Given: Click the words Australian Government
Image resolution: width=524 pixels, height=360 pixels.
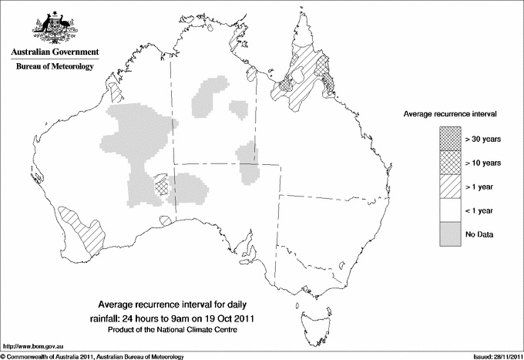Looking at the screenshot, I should tap(54, 52).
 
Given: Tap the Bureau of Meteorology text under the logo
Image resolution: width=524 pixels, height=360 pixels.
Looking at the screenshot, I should tap(54, 67).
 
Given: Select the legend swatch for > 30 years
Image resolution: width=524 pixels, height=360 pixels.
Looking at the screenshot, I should tap(450, 139).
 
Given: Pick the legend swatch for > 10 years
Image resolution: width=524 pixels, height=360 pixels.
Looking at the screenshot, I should tap(450, 163).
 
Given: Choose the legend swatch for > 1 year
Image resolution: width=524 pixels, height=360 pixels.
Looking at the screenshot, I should tap(450, 187).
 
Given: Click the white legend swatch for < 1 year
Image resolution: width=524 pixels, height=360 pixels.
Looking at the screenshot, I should tap(450, 210).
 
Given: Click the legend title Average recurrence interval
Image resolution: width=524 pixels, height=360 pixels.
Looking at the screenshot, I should tap(450, 113).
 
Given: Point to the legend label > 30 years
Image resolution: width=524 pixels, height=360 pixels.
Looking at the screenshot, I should tap(483, 140).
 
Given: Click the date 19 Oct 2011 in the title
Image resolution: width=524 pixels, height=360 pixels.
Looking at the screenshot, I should tap(228, 318).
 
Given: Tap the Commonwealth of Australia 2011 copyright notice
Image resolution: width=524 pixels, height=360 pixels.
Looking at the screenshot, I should tap(93, 355).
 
